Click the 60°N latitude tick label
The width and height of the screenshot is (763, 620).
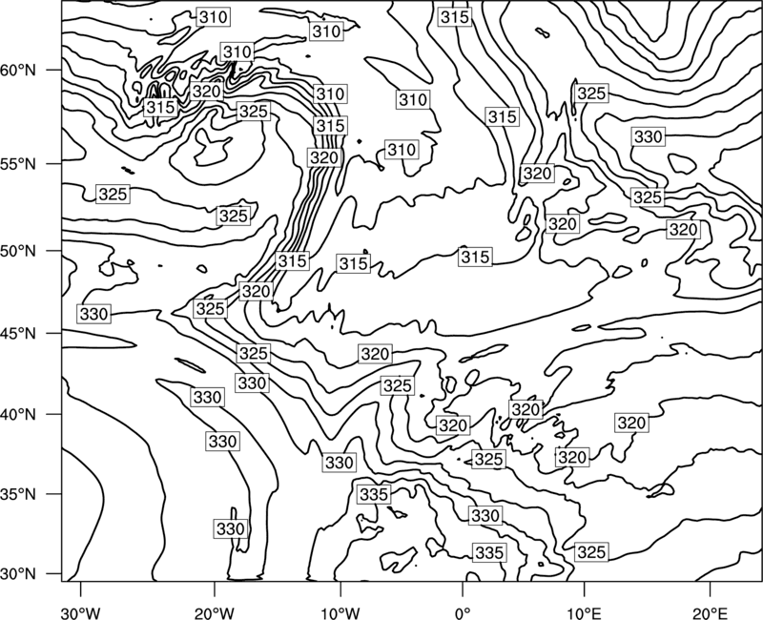18,71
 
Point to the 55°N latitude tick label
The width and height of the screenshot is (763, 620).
18,164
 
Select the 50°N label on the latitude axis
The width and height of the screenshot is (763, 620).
18,252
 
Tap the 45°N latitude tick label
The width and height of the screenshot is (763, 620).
18,334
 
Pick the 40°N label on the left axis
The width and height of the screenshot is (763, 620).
18,415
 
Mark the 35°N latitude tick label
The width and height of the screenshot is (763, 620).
18,494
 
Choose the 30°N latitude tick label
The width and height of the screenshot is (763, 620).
18,574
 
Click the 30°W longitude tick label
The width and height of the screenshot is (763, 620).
80,612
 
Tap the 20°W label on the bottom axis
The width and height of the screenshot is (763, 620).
214,612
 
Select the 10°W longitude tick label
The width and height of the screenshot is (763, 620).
340,612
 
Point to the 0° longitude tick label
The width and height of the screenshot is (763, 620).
463,612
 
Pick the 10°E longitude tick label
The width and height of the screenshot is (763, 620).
584,612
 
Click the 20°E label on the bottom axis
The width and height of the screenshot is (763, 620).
710,612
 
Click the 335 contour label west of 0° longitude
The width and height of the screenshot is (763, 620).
374,494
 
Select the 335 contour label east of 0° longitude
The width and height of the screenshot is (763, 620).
488,553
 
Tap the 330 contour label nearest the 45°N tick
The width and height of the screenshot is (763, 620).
93,314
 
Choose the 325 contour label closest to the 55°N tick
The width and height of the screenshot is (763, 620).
113,195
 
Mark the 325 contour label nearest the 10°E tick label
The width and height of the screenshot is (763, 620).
591,552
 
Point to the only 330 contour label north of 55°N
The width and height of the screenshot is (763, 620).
649,136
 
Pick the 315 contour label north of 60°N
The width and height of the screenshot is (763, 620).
455,17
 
